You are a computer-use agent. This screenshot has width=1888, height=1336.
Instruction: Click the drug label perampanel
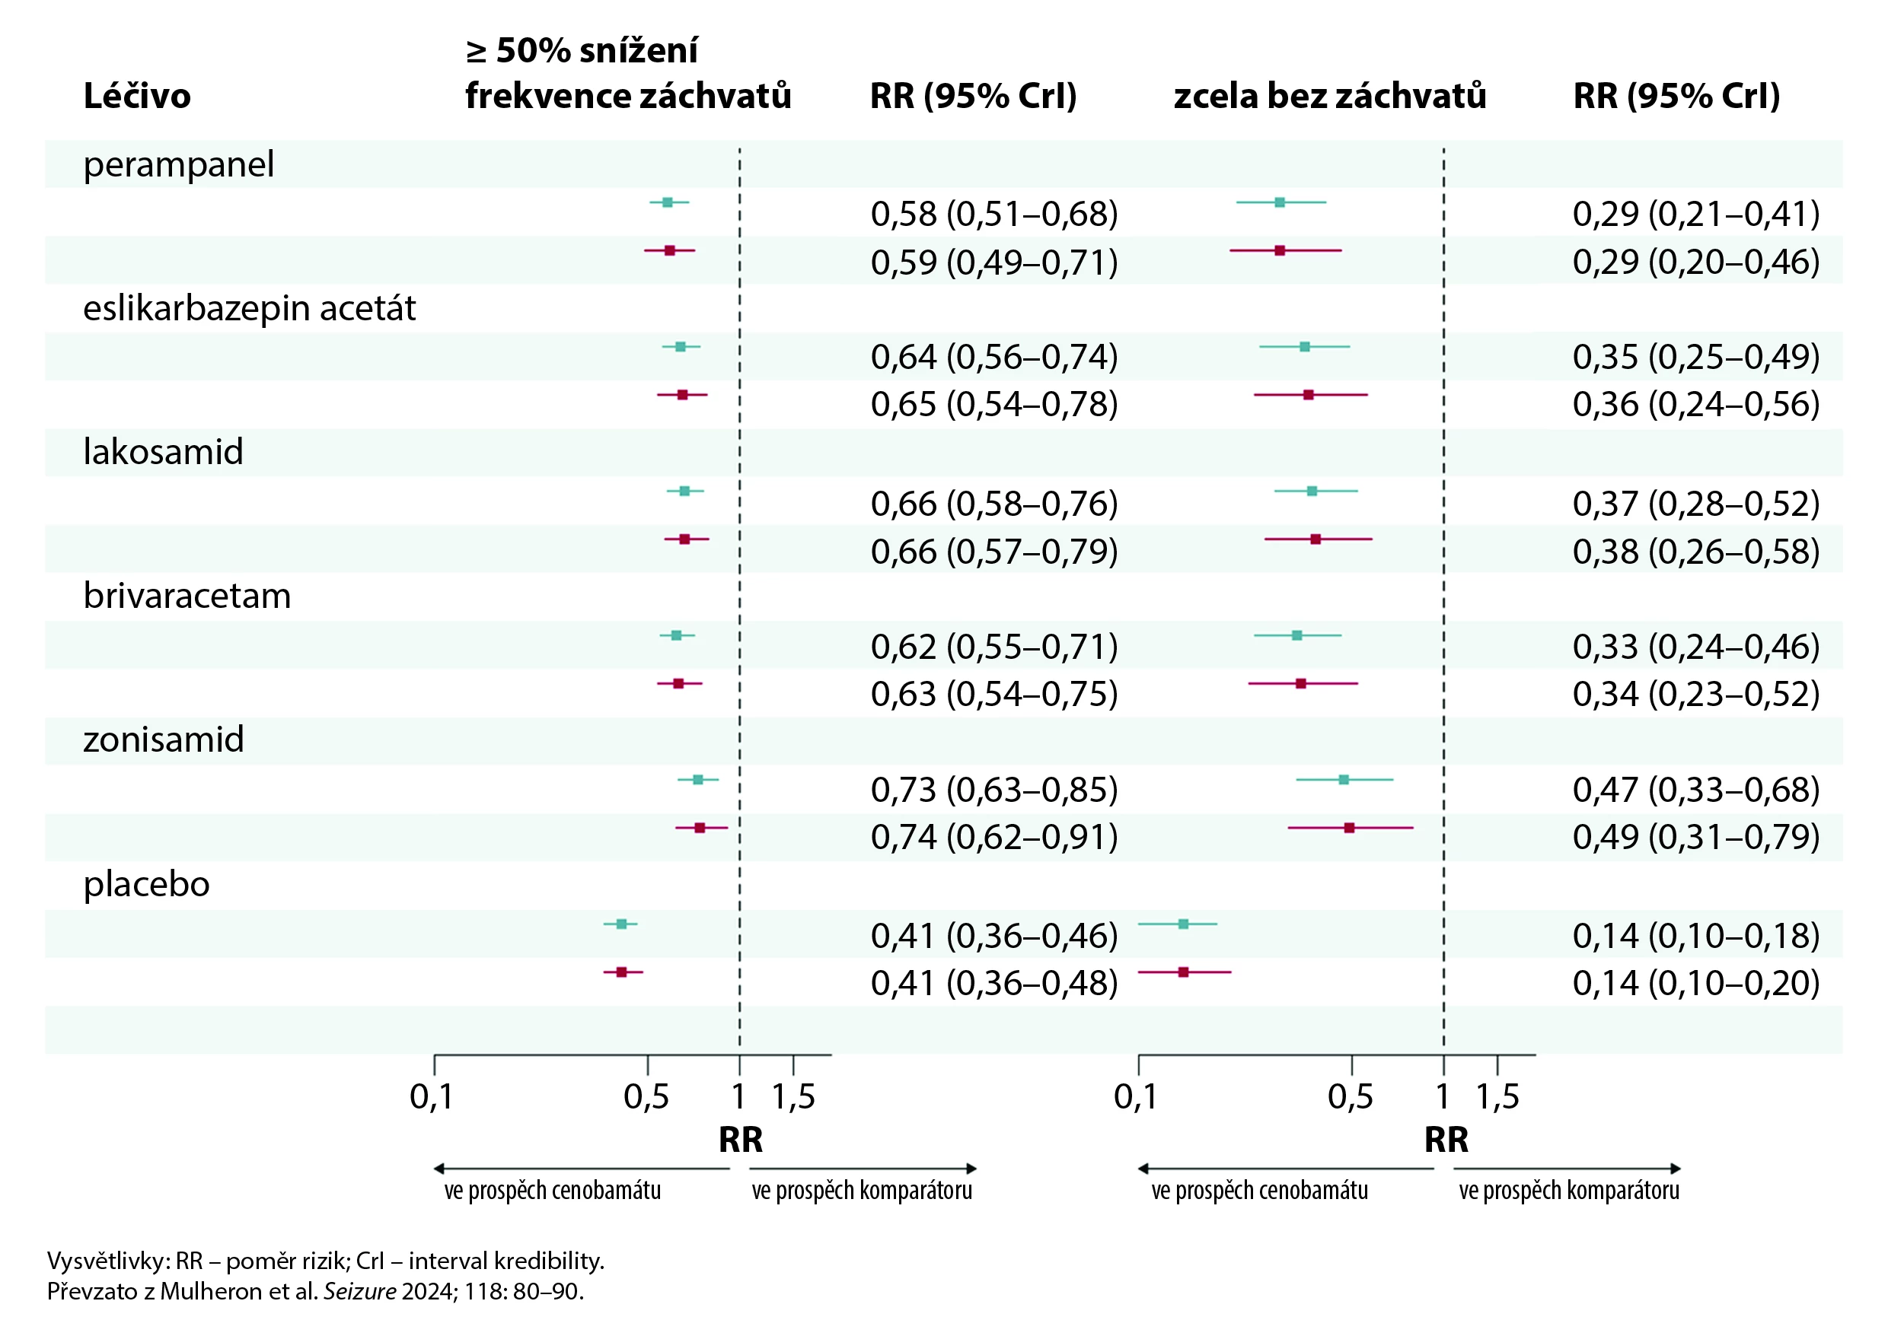[178, 164]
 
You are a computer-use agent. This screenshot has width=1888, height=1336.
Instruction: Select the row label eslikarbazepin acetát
[250, 308]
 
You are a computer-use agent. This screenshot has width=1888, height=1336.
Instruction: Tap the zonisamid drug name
[164, 740]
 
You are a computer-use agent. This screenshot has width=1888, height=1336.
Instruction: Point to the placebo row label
[146, 884]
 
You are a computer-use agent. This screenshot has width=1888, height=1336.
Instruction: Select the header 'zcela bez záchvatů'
[1329, 97]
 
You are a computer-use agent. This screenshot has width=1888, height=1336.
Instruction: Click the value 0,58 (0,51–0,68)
[994, 214]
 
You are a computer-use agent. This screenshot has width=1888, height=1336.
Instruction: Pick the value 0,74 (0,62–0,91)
[994, 838]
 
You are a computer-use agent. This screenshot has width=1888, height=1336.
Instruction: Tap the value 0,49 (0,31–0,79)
[1695, 838]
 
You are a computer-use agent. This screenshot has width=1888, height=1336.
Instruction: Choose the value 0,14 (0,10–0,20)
[1695, 983]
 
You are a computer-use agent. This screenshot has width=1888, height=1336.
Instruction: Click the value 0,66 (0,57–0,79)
[994, 551]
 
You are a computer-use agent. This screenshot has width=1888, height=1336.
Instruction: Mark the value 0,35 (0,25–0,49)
[1695, 357]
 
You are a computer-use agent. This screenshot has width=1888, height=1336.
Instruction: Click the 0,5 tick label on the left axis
[646, 1097]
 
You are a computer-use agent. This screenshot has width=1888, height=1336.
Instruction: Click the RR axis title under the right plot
[1446, 1140]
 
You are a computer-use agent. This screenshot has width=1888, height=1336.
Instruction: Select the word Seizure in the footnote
[359, 1292]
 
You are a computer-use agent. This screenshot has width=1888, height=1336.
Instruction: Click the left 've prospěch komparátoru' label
[862, 1191]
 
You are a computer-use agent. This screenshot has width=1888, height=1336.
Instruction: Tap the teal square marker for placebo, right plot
[1184, 924]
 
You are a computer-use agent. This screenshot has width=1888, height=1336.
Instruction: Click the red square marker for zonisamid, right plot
[1349, 828]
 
